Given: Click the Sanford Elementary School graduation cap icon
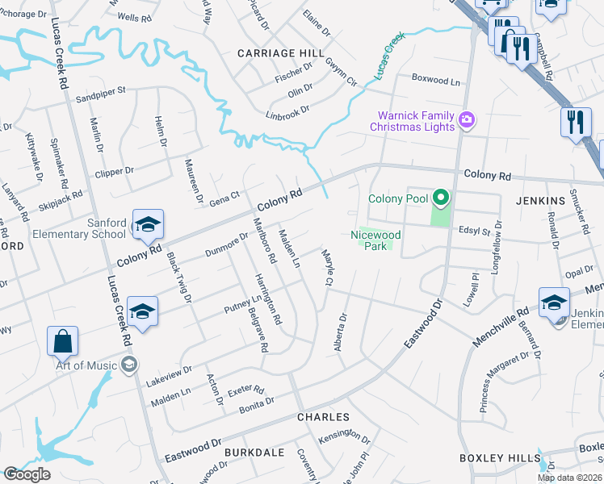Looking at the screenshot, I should pos(149,225).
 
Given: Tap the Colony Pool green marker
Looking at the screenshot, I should pos(440,196).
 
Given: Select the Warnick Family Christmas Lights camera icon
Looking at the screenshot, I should pos(467,121).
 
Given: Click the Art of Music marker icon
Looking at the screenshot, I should pos(128,365).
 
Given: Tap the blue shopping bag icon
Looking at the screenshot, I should pos(62,341).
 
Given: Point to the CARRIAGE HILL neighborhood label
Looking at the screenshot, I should pos(275,52).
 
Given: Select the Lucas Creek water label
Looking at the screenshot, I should pos(389,60).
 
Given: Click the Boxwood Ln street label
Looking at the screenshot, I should pos(435,81).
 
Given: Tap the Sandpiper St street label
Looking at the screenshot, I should pos(101,92).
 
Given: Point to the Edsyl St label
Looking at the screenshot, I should pos(475,232).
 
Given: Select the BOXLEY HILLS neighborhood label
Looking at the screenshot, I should pos(499,458).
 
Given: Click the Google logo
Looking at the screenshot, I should pos(27,474).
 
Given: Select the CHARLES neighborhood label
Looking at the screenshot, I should pos(323,417).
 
